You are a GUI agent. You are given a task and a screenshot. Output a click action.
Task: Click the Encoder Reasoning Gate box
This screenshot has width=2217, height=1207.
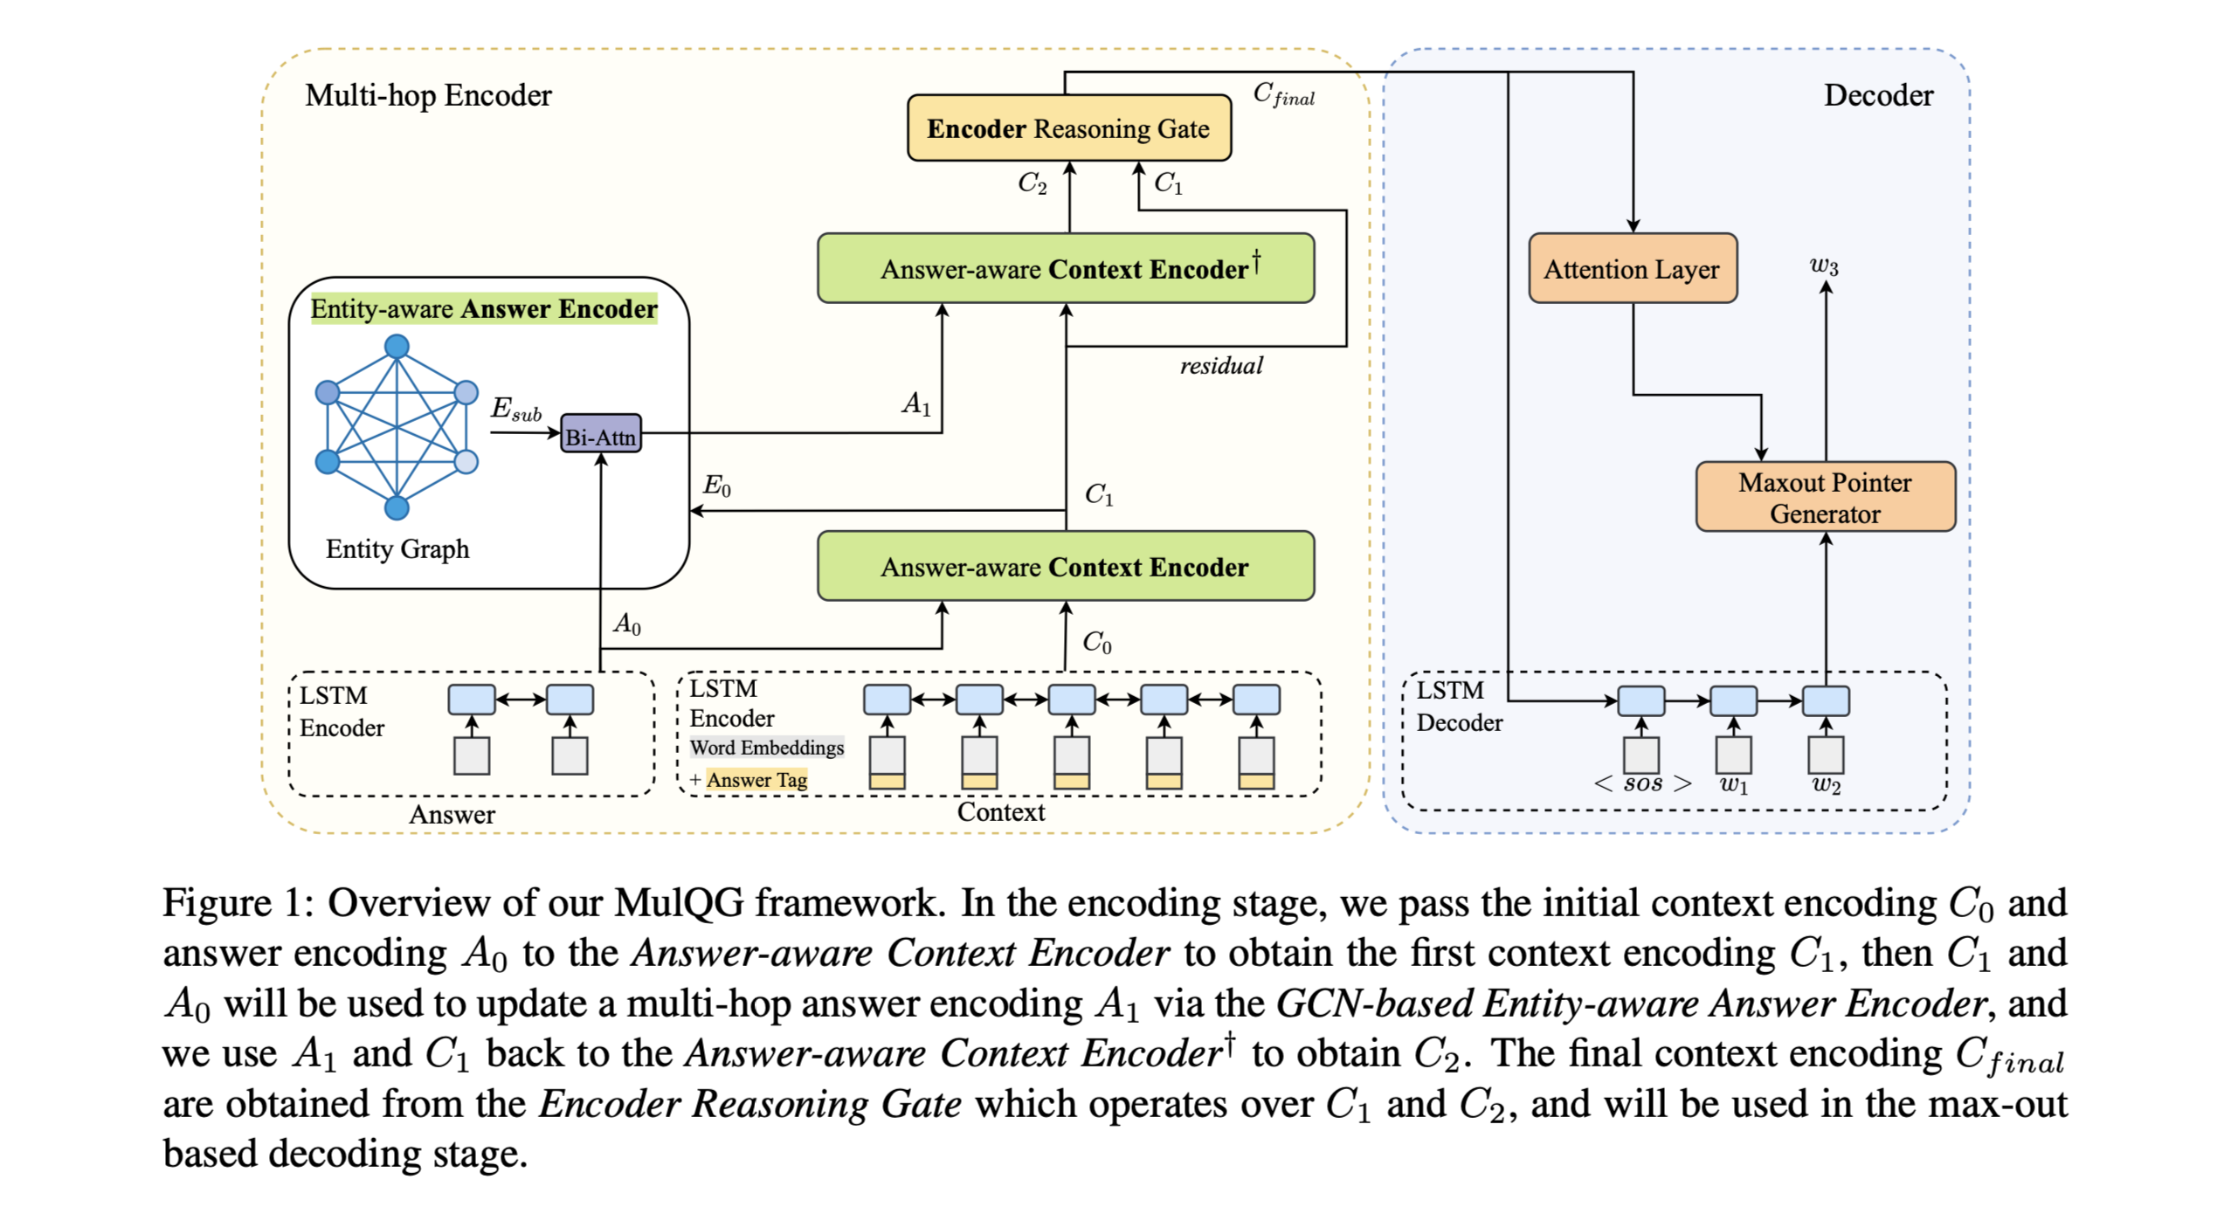pyautogui.click(x=1068, y=128)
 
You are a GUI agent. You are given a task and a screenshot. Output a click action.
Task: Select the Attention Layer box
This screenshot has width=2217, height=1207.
pyautogui.click(x=1632, y=268)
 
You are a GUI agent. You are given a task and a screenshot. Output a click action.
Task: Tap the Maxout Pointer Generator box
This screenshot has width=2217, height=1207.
pyautogui.click(x=1825, y=497)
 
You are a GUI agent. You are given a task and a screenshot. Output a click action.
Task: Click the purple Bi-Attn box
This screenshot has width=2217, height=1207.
pyautogui.click(x=600, y=434)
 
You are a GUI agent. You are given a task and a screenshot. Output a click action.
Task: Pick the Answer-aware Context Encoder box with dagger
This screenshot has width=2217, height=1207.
pyautogui.click(x=1066, y=268)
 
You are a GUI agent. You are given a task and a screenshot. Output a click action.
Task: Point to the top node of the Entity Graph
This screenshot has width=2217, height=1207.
pyautogui.click(x=397, y=347)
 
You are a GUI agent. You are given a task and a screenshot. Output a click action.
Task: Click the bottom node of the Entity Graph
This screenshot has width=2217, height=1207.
pyautogui.click(x=397, y=507)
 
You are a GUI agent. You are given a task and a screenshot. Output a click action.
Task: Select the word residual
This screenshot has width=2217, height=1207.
pyautogui.click(x=1220, y=365)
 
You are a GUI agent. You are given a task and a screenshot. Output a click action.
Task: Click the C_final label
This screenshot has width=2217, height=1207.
pyautogui.click(x=1282, y=93)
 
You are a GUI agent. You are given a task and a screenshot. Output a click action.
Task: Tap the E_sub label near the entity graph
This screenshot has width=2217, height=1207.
pyautogui.click(x=515, y=408)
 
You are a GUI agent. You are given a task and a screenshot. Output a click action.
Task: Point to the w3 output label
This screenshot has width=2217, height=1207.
pyautogui.click(x=1824, y=265)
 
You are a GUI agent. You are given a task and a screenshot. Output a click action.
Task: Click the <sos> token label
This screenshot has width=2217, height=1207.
pyautogui.click(x=1642, y=783)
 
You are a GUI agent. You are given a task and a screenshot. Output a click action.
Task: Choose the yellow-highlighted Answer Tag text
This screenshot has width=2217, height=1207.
pyautogui.click(x=756, y=779)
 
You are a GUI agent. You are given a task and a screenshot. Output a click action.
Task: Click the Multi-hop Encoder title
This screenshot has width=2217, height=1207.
pyautogui.click(x=428, y=95)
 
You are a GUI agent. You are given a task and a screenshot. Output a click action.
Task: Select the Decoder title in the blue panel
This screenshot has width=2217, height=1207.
pyautogui.click(x=1878, y=95)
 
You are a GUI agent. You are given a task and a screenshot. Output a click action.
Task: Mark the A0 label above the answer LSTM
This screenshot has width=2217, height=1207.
pyautogui.click(x=626, y=624)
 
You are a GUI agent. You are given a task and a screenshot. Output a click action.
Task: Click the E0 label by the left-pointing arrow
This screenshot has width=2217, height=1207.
pyautogui.click(x=716, y=486)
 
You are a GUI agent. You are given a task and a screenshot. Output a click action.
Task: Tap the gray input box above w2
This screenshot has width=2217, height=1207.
pyautogui.click(x=1825, y=753)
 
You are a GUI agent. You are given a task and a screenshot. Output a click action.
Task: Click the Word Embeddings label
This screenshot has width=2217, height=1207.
pyautogui.click(x=767, y=748)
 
